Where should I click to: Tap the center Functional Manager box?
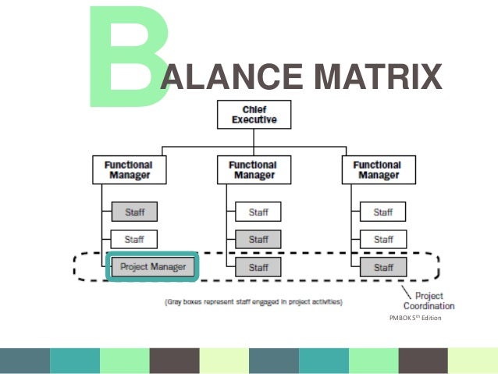click(x=252, y=169)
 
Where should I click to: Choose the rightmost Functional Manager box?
click(x=378, y=169)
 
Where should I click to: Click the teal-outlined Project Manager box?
click(x=153, y=267)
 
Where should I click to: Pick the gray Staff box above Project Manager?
click(x=134, y=212)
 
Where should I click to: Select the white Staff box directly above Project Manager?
click(x=134, y=239)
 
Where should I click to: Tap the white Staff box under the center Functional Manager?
click(x=258, y=212)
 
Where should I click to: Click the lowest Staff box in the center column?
click(x=258, y=267)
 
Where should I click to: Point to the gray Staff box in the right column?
click(x=382, y=267)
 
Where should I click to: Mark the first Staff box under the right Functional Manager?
click(x=382, y=212)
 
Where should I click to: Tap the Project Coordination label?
click(x=429, y=301)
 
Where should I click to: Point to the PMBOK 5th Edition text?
click(x=414, y=317)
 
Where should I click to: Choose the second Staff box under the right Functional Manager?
click(x=382, y=239)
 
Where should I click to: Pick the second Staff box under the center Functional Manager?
click(x=258, y=239)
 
